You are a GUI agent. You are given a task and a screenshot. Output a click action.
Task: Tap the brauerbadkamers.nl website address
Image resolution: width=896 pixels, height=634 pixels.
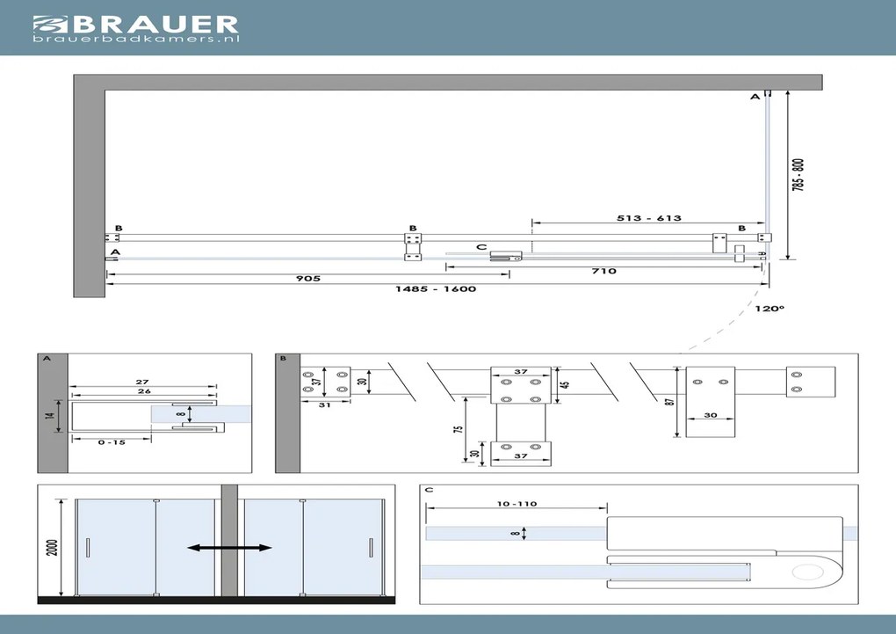coord(136,40)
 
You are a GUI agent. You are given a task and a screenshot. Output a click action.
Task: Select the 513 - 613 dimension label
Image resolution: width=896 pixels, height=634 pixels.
coord(649,218)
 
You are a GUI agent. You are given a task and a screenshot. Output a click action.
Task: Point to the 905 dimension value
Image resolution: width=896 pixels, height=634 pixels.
coord(307,279)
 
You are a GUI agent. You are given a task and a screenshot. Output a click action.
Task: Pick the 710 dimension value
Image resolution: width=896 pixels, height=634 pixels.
coord(604,272)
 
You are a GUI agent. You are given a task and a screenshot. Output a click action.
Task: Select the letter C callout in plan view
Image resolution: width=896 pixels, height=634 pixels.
coord(481,247)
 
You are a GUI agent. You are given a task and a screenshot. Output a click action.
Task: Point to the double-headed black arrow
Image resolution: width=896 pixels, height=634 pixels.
coord(229,548)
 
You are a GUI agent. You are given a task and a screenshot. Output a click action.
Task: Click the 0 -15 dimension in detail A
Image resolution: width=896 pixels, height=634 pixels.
coord(112,442)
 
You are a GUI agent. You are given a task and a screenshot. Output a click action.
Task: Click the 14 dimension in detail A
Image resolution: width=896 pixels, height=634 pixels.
coord(51,411)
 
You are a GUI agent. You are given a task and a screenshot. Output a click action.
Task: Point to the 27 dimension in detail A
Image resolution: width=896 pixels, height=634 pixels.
coord(142,383)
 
